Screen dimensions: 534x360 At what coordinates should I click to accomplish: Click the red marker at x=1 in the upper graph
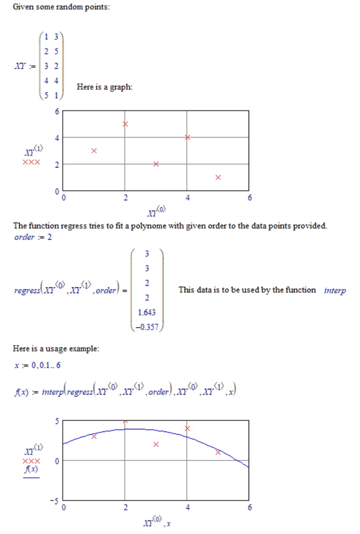pyautogui.click(x=94, y=151)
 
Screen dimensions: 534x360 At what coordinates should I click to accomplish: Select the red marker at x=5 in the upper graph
pyautogui.click(x=218, y=177)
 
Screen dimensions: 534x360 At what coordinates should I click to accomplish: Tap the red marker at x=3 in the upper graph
pyautogui.click(x=156, y=164)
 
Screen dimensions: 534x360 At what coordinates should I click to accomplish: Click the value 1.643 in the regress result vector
pyautogui.click(x=147, y=313)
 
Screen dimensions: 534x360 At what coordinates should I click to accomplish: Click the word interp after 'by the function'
pyautogui.click(x=335, y=290)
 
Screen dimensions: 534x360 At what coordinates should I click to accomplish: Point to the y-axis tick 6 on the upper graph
pyautogui.click(x=57, y=112)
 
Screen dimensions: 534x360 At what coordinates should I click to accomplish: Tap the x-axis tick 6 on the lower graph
pyautogui.click(x=249, y=507)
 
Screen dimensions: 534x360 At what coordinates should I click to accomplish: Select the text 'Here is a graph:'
pyautogui.click(x=104, y=87)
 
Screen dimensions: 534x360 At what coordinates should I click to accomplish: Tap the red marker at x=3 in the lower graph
pyautogui.click(x=156, y=444)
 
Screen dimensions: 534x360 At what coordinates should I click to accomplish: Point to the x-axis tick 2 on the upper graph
pyautogui.click(x=125, y=198)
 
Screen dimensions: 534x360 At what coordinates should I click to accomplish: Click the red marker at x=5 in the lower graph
pyautogui.click(x=218, y=452)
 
